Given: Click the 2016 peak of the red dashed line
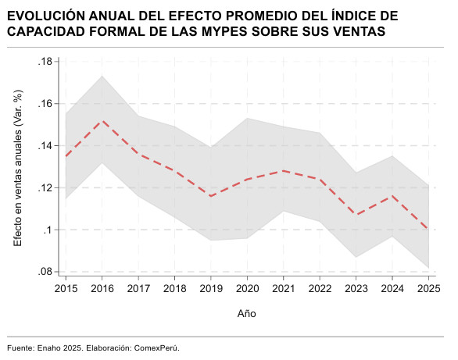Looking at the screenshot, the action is point(102,120).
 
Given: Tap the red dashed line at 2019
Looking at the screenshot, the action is point(211,196).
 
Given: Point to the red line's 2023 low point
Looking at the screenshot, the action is point(356,215).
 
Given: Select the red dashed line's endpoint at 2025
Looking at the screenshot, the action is point(428,230).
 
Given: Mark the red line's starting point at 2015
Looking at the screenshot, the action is point(66,156).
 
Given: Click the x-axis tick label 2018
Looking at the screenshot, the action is point(174,288).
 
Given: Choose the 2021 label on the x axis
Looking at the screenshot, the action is point(284,288).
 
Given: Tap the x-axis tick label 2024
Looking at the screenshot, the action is point(392,288).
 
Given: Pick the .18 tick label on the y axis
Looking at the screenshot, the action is point(45,62).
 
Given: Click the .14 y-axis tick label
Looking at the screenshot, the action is point(45,145).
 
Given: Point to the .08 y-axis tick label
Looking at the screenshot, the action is point(45,272).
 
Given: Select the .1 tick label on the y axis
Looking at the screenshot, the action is point(48,230).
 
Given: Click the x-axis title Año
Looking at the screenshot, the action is point(247,314).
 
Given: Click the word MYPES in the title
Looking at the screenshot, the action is point(225,31).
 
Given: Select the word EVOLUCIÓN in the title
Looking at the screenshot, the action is point(46,16).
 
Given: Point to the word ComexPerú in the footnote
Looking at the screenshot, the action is point(156,348).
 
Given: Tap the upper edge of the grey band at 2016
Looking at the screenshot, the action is point(102,77).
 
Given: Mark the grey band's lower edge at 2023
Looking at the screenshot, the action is point(356,257).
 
